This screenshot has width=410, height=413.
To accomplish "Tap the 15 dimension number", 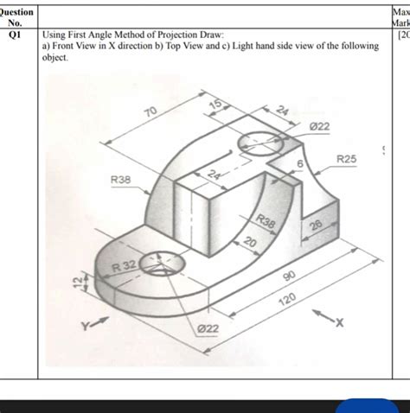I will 215,105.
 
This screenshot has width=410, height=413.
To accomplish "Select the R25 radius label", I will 347,159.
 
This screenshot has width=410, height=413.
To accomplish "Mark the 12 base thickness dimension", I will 76,283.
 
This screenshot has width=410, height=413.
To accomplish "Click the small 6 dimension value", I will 300,163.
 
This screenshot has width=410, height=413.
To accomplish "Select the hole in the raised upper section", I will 255,141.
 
